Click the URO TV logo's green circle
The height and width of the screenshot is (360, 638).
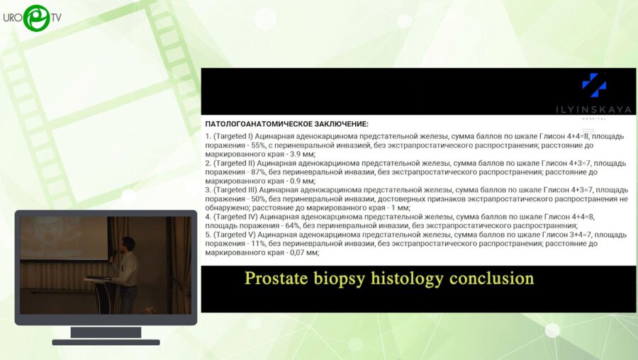(x=37, y=18)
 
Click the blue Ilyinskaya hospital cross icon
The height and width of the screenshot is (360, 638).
(x=594, y=86)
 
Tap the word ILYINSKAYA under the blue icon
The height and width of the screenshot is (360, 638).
(x=593, y=109)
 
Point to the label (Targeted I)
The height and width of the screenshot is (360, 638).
(x=233, y=137)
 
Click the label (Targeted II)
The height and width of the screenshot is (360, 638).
(x=234, y=164)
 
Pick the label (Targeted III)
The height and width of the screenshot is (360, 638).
(x=235, y=191)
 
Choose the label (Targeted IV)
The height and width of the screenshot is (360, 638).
(x=235, y=218)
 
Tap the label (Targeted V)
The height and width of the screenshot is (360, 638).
(x=235, y=235)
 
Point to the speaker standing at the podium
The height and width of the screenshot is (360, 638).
(x=127, y=274)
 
